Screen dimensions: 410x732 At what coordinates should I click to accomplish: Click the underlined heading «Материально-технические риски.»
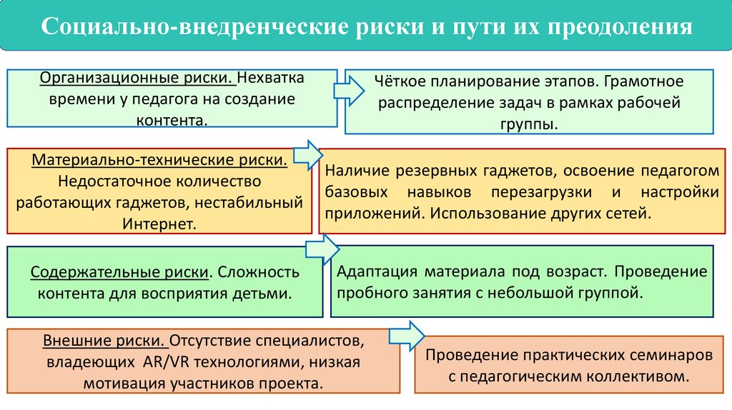tap(159, 159)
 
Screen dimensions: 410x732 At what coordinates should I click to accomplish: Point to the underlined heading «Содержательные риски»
tap(119, 272)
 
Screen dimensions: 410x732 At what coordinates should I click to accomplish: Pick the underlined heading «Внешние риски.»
tap(101, 339)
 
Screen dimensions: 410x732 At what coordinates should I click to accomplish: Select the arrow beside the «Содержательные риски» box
tap(322, 249)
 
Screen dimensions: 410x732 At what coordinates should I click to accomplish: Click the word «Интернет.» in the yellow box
tap(159, 224)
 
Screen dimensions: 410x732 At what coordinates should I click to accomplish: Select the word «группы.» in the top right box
tap(528, 124)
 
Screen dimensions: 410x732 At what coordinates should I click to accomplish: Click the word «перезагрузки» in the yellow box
tap(548, 193)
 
